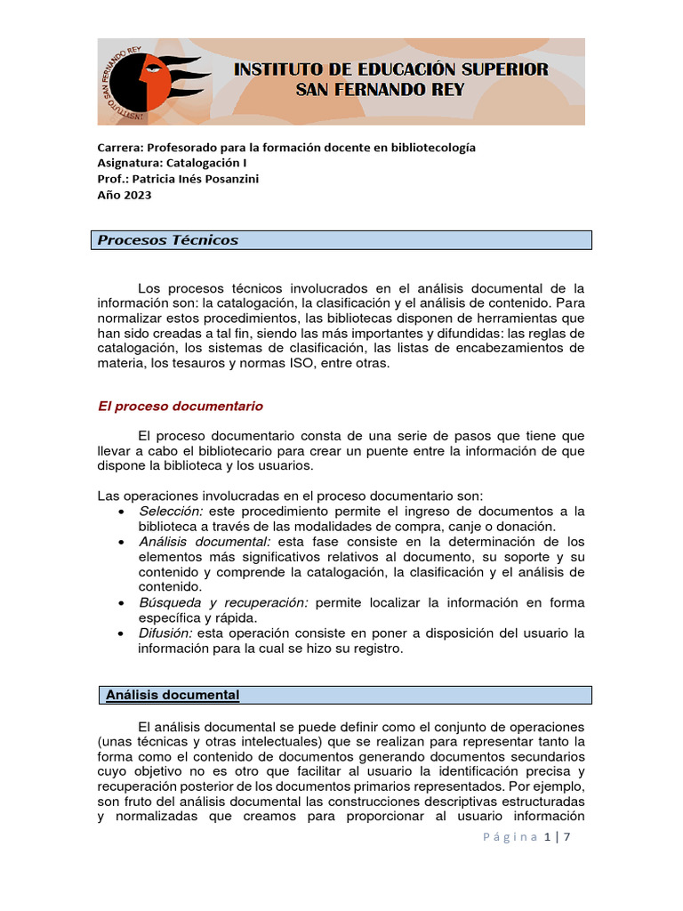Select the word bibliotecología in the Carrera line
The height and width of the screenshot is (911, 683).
(433, 148)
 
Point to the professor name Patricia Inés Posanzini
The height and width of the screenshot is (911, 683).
(195, 180)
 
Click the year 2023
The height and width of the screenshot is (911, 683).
(138, 196)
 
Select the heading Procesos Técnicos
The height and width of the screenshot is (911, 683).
(167, 240)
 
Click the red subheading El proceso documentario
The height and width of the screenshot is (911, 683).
(180, 406)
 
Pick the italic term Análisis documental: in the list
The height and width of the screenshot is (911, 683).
(205, 541)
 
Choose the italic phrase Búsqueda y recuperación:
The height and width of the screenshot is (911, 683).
(223, 602)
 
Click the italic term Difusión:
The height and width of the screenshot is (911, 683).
(166, 633)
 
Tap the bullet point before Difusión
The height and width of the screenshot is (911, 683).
(121, 634)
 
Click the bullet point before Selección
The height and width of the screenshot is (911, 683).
(121, 512)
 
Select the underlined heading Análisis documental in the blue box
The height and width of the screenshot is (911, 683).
(173, 695)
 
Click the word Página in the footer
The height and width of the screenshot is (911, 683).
(510, 836)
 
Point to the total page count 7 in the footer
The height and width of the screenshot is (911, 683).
(566, 836)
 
